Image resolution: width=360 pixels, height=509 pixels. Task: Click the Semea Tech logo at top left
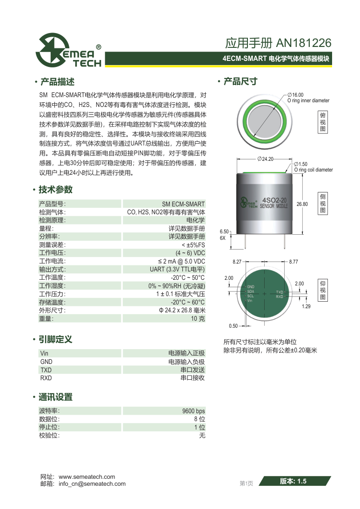(69, 51)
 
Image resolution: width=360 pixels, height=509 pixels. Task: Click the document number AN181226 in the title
(304, 43)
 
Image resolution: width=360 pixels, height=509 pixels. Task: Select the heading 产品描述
(58, 82)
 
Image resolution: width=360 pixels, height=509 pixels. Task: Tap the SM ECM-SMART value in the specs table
(183, 204)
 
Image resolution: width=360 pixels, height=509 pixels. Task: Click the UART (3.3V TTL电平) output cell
(177, 270)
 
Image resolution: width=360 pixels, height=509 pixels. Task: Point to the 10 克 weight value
(198, 319)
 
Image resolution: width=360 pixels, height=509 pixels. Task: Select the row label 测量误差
(53, 245)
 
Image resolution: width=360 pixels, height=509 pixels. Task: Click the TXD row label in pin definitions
(46, 370)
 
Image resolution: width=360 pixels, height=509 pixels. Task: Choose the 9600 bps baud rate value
(193, 411)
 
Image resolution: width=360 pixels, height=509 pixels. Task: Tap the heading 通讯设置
(55, 397)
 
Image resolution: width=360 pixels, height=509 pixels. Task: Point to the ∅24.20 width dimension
(265, 159)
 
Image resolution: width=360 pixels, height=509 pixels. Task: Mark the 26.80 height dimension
(302, 204)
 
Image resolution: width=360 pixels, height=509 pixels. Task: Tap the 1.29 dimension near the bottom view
(306, 306)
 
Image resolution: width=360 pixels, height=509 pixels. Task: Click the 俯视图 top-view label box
(323, 122)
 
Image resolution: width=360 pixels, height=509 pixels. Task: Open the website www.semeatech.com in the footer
(87, 477)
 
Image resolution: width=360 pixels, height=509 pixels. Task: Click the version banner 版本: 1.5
(293, 482)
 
